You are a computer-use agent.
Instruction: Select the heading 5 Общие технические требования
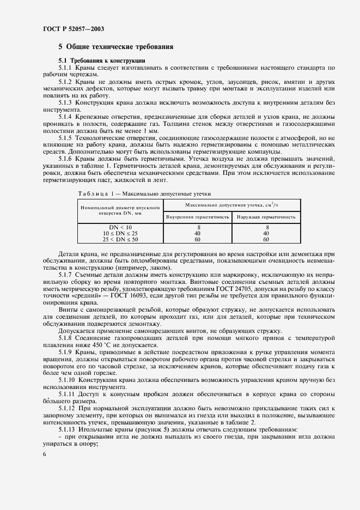point(116,47)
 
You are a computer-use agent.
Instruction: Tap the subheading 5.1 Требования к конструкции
point(101,60)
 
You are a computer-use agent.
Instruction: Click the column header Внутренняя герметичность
point(197,217)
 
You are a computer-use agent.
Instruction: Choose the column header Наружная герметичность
point(266,217)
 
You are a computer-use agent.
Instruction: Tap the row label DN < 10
point(120,227)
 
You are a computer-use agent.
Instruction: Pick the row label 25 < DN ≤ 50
point(120,239)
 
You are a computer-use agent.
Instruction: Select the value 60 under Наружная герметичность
point(266,239)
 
